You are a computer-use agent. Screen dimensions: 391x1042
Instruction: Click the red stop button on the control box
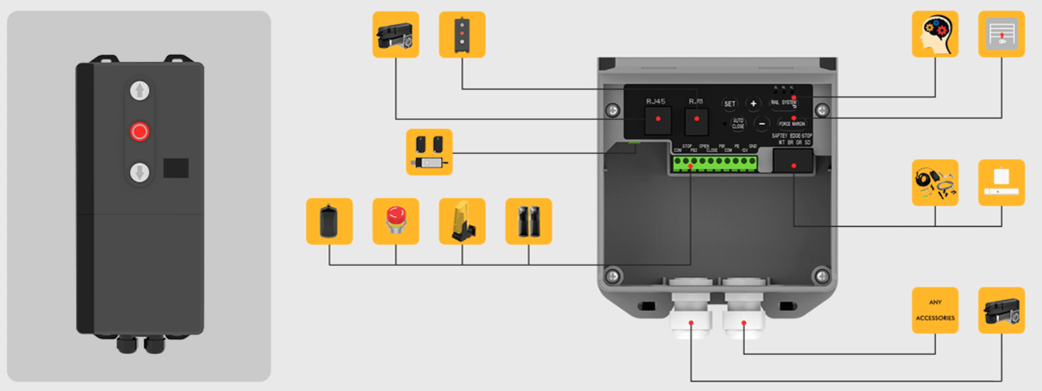[139, 131]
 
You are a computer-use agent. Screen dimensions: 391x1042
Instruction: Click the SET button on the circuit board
[729, 103]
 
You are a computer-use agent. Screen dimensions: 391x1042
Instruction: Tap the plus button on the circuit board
[753, 103]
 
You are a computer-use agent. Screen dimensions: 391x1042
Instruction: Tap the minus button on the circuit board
[761, 124]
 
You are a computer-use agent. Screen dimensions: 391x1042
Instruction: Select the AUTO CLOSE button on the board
[738, 123]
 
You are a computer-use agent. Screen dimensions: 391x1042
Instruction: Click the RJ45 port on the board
[658, 120]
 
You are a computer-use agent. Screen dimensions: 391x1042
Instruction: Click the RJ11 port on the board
[696, 120]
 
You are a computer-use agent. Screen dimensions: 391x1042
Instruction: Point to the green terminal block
[715, 163]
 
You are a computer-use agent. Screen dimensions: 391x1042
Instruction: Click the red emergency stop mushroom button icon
[396, 221]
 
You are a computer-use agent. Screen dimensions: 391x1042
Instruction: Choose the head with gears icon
[935, 34]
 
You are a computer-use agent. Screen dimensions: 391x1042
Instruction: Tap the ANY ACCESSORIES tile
[935, 310]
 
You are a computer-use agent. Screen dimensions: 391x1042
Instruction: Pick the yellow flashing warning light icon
[462, 221]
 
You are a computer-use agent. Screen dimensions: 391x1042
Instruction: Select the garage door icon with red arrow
[1002, 34]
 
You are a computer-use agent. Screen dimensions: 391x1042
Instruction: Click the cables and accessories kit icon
[935, 183]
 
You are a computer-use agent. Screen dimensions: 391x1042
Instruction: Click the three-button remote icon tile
[462, 34]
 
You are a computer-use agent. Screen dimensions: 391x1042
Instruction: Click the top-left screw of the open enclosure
[613, 110]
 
